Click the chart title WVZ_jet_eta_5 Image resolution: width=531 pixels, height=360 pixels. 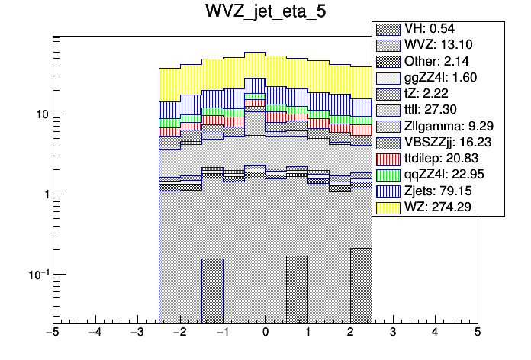(265, 13)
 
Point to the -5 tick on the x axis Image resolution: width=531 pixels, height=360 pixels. (52, 333)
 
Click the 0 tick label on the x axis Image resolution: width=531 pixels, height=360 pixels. (265, 333)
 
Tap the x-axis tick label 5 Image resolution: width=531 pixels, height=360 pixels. (478, 333)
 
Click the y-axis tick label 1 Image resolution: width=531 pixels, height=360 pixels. (43, 194)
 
